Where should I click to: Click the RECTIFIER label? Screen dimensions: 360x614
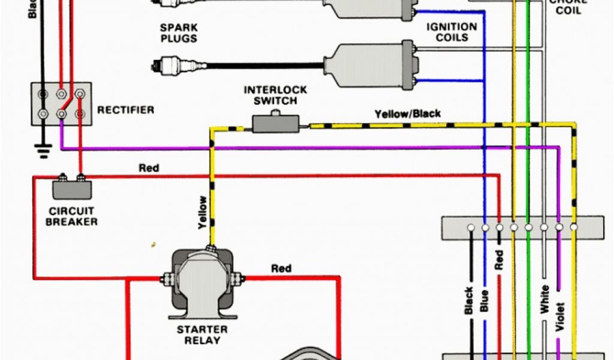click(x=125, y=110)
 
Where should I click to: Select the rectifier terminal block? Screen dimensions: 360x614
click(x=61, y=103)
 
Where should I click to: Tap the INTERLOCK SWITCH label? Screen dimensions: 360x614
click(x=275, y=95)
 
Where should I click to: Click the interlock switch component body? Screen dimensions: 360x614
click(x=275, y=124)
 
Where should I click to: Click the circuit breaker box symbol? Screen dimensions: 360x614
click(x=71, y=188)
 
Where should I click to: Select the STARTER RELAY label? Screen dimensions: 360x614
click(x=202, y=335)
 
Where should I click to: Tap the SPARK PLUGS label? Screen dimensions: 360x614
click(x=179, y=33)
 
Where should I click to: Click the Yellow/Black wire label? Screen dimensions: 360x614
click(x=408, y=113)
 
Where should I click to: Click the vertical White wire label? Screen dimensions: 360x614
click(x=544, y=298)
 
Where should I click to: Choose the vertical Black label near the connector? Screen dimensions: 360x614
click(x=469, y=302)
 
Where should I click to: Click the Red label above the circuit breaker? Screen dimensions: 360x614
click(x=149, y=168)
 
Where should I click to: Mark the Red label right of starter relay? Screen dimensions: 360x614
click(x=281, y=268)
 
